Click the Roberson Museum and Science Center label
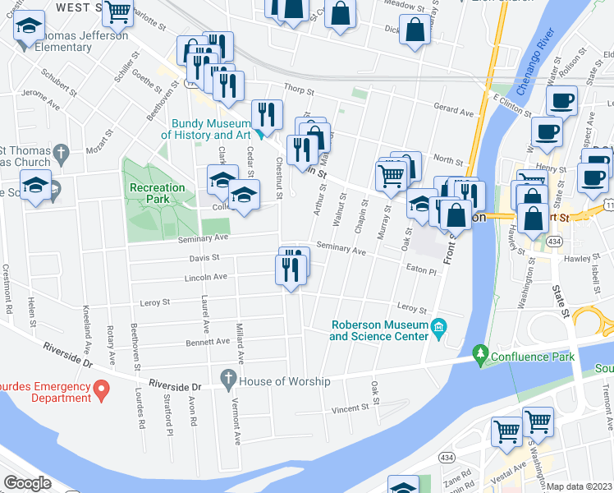378,330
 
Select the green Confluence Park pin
480,356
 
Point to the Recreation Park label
156,193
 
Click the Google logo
27,483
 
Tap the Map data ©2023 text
580,486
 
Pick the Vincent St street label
351,408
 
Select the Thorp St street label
300,89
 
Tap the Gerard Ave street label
454,111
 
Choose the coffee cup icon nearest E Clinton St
562,102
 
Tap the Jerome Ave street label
43,94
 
